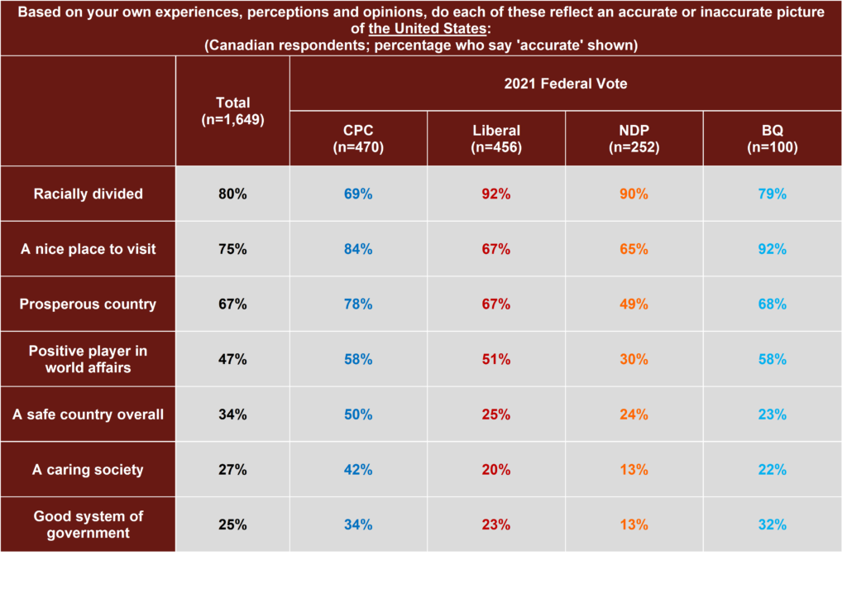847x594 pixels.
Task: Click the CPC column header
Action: coord(358,138)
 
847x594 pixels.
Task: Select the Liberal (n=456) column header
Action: coord(496,138)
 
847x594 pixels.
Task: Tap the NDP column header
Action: coord(634,138)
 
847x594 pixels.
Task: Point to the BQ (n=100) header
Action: coord(773,138)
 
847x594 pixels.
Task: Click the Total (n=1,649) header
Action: coord(232,111)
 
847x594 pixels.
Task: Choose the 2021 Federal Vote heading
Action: coord(566,83)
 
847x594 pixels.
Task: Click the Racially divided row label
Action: coord(89,194)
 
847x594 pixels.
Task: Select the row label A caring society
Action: coord(89,470)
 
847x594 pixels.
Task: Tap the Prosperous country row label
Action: coord(89,304)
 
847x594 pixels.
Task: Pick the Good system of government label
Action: coord(89,525)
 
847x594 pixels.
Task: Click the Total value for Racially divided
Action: coord(232,194)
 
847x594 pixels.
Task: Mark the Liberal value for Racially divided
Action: coord(496,194)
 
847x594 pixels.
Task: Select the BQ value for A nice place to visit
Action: coord(773,249)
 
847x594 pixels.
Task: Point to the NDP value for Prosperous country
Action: coord(634,304)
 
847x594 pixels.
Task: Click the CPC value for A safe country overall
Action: coord(358,414)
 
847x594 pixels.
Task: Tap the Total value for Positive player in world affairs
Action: coord(232,359)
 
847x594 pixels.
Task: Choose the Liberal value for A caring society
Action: coord(496,470)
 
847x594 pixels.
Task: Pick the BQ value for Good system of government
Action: coord(773,525)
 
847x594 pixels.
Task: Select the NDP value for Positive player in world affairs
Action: coord(634,359)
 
